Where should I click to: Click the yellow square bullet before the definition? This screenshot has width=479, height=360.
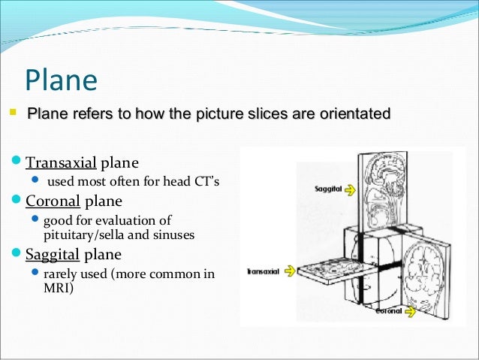[13, 113]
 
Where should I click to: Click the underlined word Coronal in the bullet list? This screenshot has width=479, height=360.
[53, 201]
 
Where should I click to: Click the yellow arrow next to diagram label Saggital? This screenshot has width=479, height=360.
[350, 190]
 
